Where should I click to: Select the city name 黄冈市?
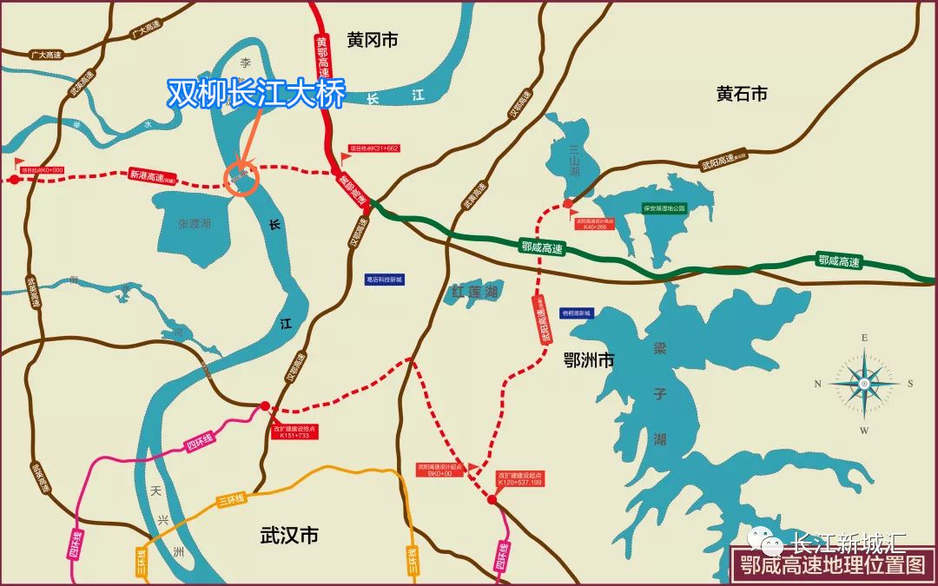[372, 40]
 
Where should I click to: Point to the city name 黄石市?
[742, 94]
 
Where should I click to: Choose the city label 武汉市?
[289, 536]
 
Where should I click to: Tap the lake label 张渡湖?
[195, 224]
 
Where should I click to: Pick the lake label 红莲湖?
[473, 293]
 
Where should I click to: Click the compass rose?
[864, 383]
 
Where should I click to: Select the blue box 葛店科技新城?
[385, 280]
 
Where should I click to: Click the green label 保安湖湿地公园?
[664, 208]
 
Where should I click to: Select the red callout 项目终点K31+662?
[373, 148]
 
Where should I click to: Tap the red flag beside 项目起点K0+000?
[20, 162]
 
